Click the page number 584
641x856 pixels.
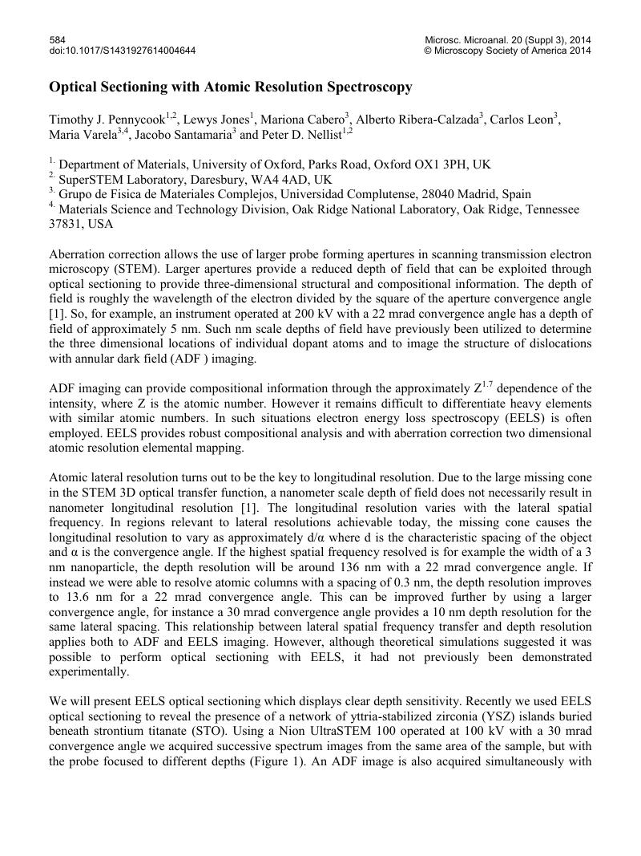[x=57, y=39]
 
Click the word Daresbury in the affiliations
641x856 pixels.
[x=212, y=179]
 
